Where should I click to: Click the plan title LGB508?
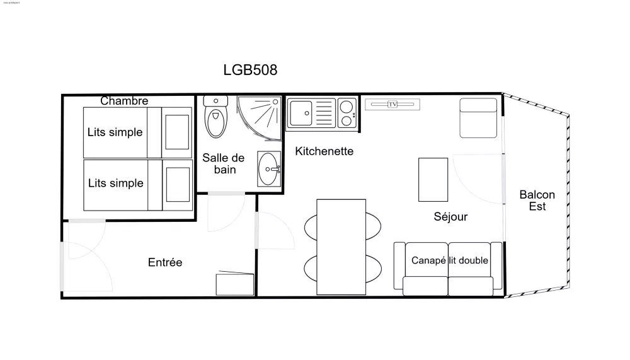click(x=250, y=70)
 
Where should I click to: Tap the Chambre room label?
click(x=124, y=101)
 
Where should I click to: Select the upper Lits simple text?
click(x=115, y=132)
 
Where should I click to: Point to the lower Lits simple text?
click(x=115, y=183)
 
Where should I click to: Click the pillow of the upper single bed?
click(x=177, y=132)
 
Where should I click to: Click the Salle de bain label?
click(x=223, y=164)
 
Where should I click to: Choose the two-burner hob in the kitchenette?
click(x=346, y=113)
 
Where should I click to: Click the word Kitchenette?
click(x=324, y=151)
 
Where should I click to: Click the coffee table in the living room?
click(x=433, y=179)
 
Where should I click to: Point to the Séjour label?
click(x=450, y=217)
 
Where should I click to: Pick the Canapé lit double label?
click(x=450, y=260)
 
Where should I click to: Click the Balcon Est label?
click(x=537, y=200)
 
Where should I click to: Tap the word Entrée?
click(x=165, y=262)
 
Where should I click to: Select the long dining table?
click(x=341, y=246)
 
